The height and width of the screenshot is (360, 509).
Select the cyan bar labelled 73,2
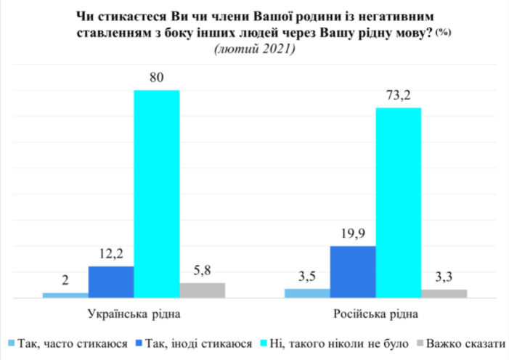(x=398, y=202)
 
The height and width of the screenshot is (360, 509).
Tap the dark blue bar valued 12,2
(x=111, y=282)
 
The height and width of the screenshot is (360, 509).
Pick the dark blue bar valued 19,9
(x=353, y=271)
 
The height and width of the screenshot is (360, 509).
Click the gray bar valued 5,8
(x=203, y=290)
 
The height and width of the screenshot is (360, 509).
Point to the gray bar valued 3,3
(x=444, y=293)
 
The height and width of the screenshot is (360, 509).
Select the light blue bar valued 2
(x=65, y=295)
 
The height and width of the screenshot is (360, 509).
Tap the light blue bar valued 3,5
(x=307, y=292)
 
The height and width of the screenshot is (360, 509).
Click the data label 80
(x=157, y=78)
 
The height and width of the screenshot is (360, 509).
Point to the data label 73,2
(x=398, y=96)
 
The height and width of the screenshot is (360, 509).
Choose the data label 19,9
(x=353, y=234)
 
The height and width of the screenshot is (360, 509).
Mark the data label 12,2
(x=111, y=255)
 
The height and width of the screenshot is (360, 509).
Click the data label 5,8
(x=203, y=271)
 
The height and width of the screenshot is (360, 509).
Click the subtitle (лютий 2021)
(x=254, y=49)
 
